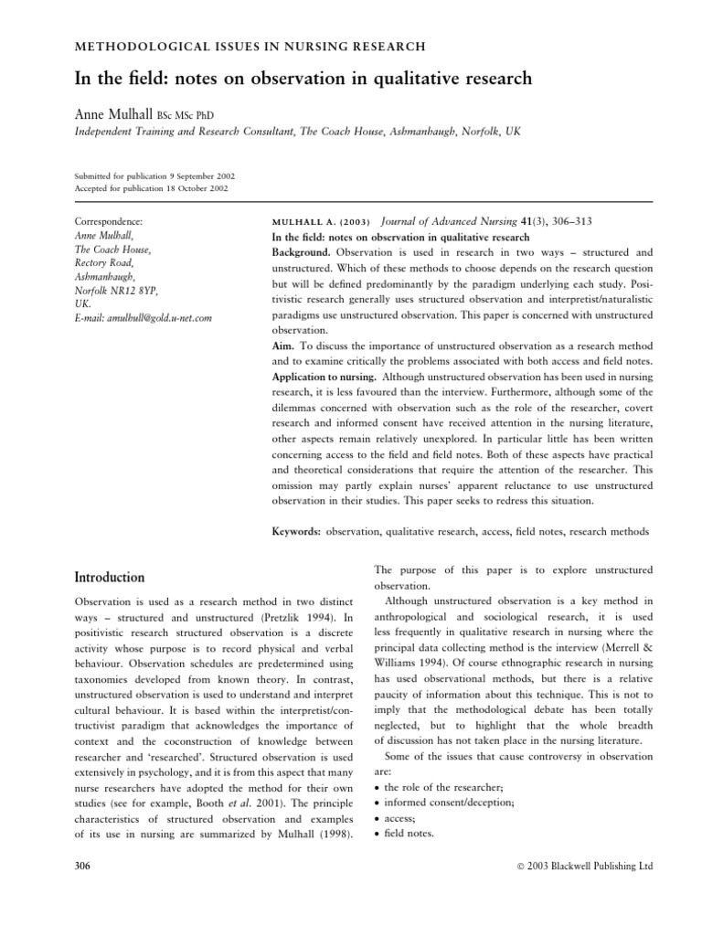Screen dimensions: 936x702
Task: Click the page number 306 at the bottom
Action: click(83, 865)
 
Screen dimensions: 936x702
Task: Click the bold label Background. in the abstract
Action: click(297, 251)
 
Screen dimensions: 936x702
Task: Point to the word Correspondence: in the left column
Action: click(107, 221)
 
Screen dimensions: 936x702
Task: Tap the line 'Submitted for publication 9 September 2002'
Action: click(151, 175)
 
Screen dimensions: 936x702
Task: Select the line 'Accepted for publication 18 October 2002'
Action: click(150, 188)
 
